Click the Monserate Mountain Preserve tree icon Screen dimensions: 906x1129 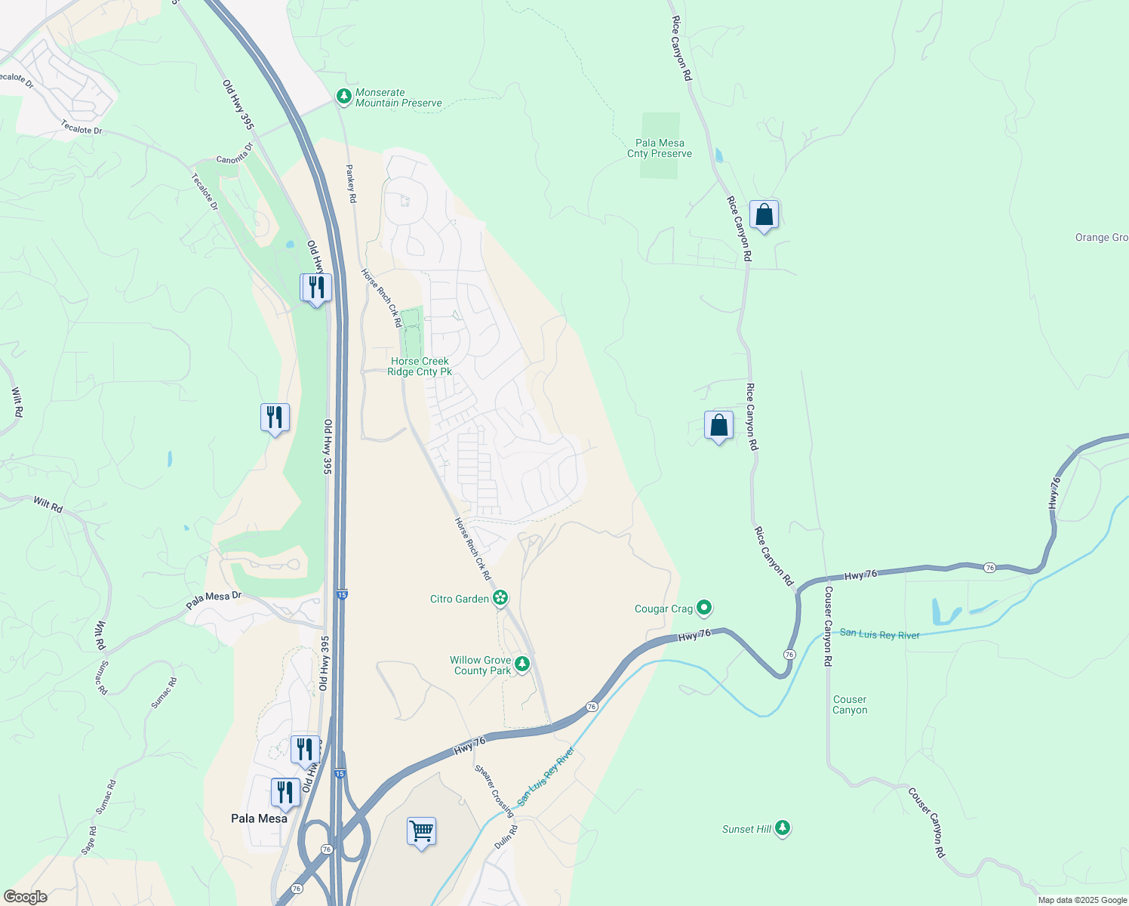click(344, 96)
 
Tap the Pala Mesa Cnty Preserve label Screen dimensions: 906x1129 click(660, 148)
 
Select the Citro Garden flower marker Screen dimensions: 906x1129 click(500, 599)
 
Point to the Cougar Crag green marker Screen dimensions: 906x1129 click(704, 607)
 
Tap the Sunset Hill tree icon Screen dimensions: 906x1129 click(783, 828)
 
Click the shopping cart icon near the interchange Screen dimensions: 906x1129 click(421, 831)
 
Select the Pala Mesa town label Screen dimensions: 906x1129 click(259, 818)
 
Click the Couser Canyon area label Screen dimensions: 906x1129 click(850, 704)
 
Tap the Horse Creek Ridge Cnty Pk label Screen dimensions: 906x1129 click(420, 366)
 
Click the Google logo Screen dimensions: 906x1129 click(25, 897)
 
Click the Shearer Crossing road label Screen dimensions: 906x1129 click(494, 790)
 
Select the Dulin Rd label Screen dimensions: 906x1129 click(506, 837)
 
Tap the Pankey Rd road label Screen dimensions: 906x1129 click(351, 183)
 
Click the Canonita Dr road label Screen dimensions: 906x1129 click(235, 153)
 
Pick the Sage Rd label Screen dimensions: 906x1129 click(89, 840)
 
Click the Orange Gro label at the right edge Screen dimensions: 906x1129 click(1101, 237)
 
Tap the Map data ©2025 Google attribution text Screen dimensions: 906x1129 click(1082, 900)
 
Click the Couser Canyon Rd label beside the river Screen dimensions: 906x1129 click(828, 626)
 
